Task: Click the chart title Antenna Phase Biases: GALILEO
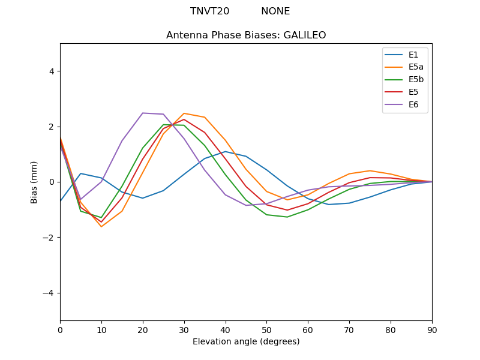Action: coord(246,35)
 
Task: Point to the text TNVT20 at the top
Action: coord(209,11)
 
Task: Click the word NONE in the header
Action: coord(275,11)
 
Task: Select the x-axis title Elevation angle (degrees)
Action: coord(246,341)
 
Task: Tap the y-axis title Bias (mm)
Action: coord(35,182)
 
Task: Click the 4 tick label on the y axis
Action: coord(52,71)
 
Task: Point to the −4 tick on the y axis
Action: coord(49,293)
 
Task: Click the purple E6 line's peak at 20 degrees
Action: coord(143,113)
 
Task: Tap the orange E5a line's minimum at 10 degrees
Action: coord(101,226)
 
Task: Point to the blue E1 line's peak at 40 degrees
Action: coord(226,151)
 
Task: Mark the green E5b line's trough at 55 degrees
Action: coord(287,217)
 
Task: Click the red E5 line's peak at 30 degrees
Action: coord(184,119)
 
